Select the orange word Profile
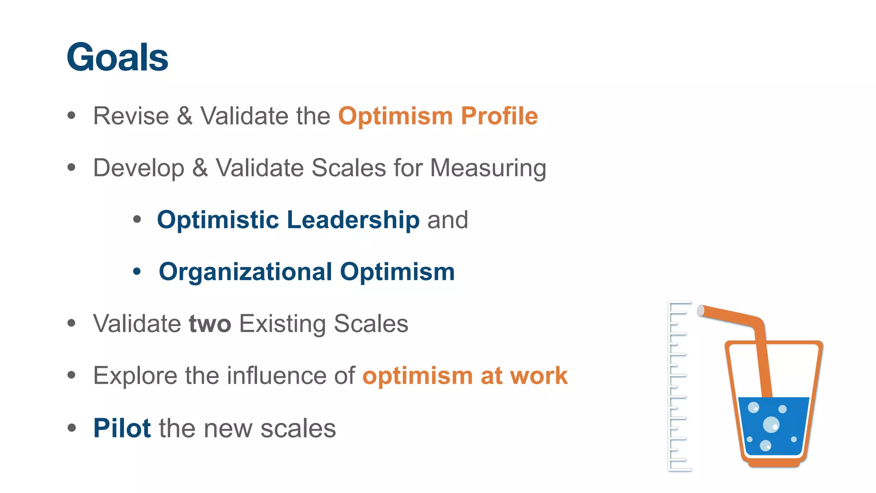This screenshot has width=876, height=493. click(499, 116)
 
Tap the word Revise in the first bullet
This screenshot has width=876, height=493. click(131, 116)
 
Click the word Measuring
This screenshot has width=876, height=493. click(488, 168)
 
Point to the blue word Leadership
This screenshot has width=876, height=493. click(353, 220)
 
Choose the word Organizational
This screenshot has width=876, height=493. click(246, 272)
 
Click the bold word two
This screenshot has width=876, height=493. click(210, 324)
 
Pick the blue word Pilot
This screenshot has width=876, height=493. click(122, 428)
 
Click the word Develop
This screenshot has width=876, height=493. click(139, 168)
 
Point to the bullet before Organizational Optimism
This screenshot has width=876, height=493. click(137, 271)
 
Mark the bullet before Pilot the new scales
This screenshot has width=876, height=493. click(71, 428)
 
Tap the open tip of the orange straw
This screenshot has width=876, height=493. click(701, 310)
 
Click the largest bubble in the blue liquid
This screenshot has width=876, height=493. click(771, 425)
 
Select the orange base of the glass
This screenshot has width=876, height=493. click(774, 463)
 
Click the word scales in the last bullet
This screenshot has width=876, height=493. click(298, 428)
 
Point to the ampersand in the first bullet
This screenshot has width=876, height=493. click(185, 116)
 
